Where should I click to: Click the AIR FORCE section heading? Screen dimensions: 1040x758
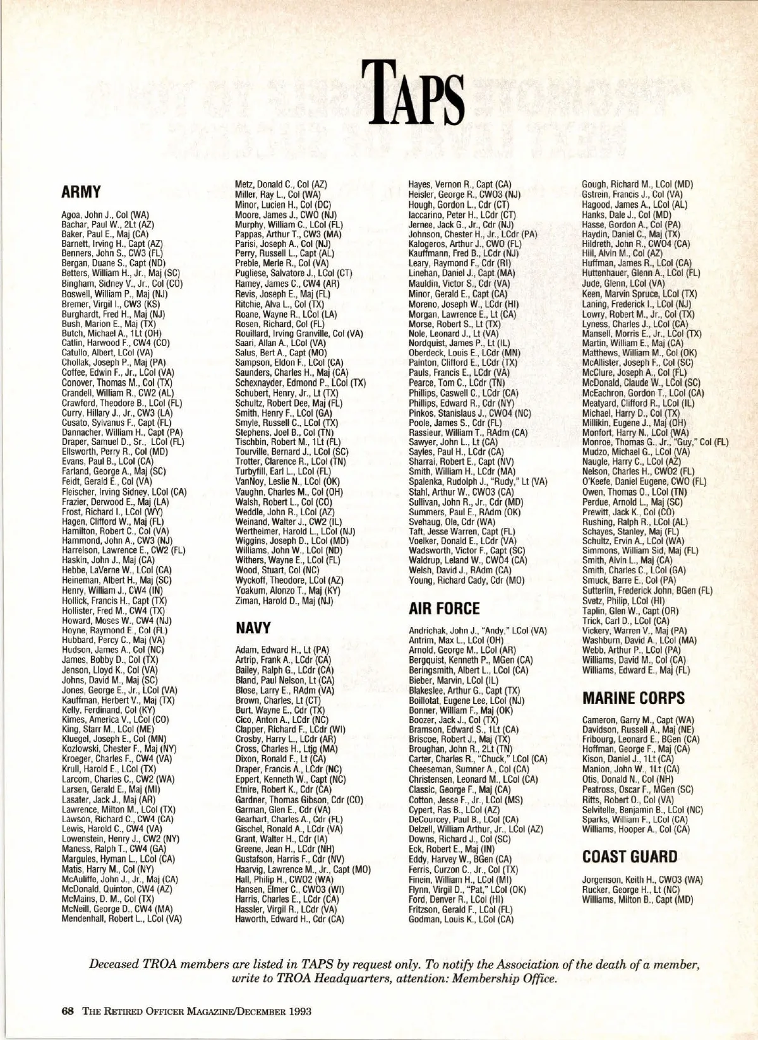tap(444, 609)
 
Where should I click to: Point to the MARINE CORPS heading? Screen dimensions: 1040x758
tap(632, 698)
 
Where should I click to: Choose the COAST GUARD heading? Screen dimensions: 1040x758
tap(629, 856)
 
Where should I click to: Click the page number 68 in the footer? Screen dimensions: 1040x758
tap(68, 1010)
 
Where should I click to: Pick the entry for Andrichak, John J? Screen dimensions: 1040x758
tap(478, 631)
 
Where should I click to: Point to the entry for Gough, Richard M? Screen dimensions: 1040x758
tap(637, 184)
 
